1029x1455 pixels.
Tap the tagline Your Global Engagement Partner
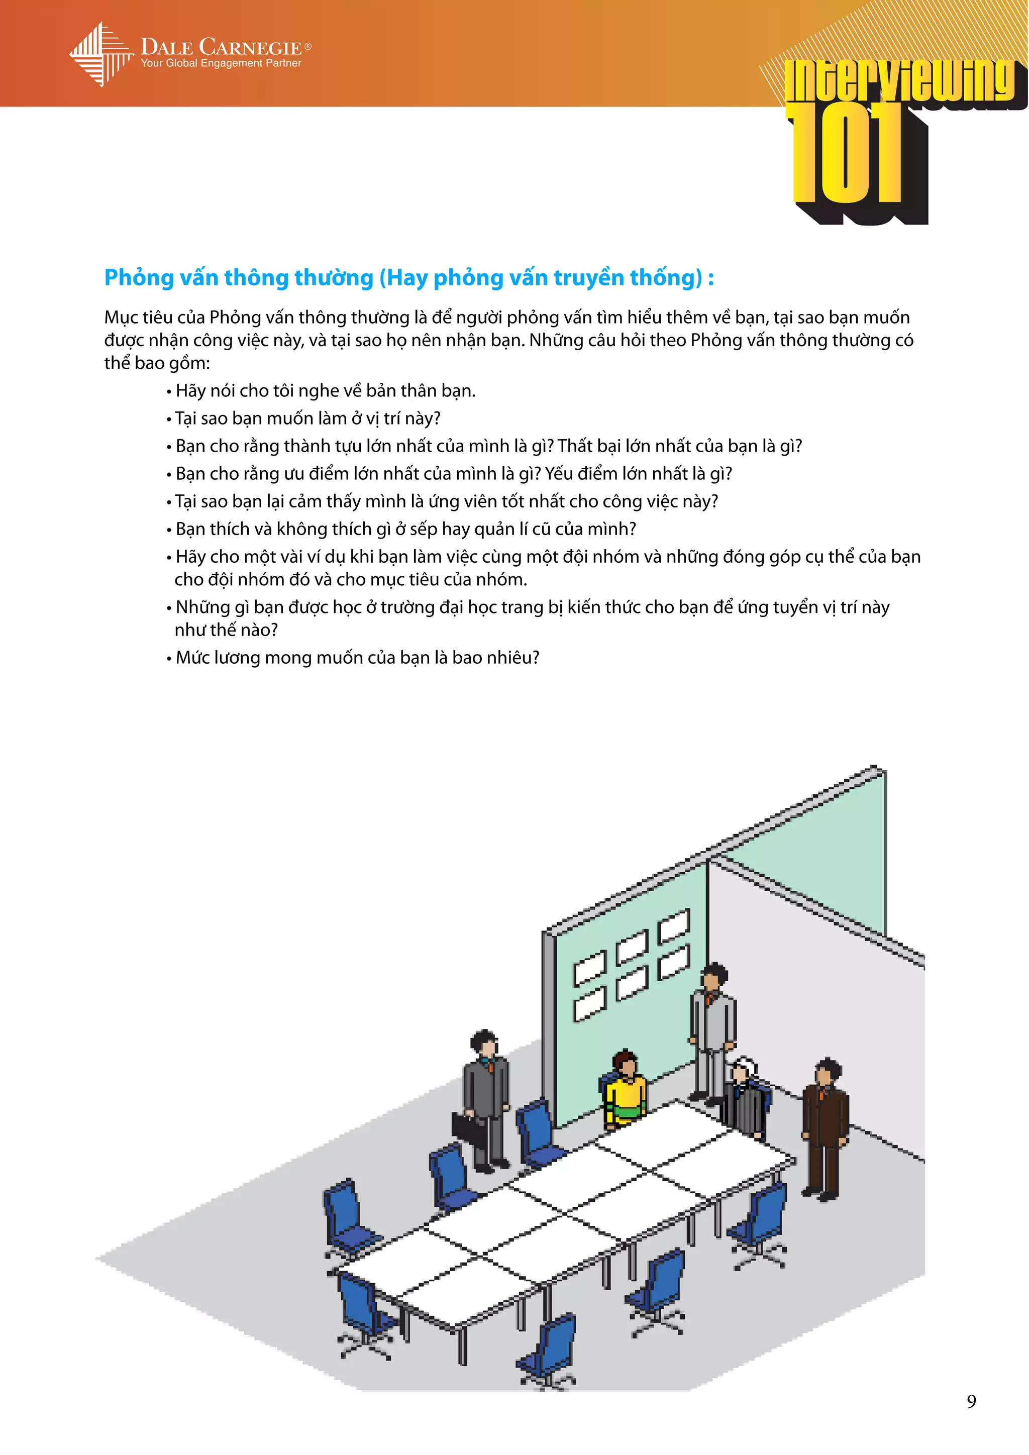point(221,63)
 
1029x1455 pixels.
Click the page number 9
point(971,1401)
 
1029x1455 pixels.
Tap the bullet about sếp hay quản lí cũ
point(405,529)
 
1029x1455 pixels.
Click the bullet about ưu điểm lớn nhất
point(453,473)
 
